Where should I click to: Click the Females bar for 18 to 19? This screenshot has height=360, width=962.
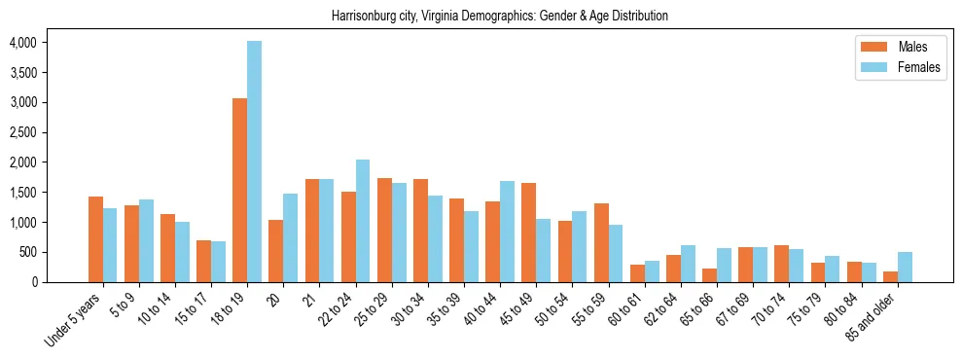pos(255,162)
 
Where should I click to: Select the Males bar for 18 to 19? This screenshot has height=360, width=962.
pos(239,190)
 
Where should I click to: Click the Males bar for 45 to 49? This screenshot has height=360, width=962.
pos(528,233)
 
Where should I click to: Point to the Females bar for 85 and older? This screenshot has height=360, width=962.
pos(905,267)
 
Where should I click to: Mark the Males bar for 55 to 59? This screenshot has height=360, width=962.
pos(600,242)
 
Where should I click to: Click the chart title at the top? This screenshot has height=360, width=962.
pos(500,17)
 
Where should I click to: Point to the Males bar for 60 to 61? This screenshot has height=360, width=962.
pos(637,273)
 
